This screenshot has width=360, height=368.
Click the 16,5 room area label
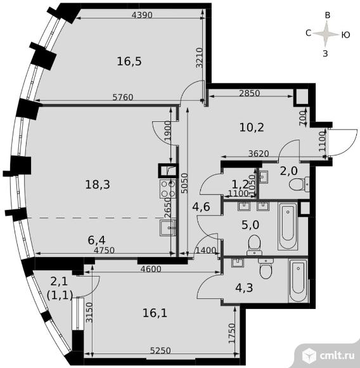[129, 62]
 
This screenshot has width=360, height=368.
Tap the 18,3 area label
[98, 185]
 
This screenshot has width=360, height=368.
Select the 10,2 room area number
[252, 128]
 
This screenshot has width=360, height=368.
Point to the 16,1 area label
[155, 313]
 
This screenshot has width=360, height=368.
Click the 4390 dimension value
[142, 15]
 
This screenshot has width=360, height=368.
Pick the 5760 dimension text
[123, 97]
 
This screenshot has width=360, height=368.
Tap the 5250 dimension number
[160, 351]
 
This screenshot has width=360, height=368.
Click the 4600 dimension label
[151, 269]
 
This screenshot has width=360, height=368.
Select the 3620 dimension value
[259, 154]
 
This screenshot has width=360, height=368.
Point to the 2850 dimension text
[250, 93]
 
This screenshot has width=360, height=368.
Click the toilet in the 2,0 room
[299, 184]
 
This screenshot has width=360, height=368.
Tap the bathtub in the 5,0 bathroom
[288, 227]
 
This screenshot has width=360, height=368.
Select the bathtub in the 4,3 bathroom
[298, 281]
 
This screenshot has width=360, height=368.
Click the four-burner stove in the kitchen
[168, 188]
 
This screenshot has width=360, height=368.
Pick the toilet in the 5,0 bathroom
[254, 246]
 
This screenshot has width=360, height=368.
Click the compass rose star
[326, 34]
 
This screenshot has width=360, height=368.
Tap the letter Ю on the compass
[345, 35]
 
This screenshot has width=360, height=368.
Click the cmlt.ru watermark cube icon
[309, 355]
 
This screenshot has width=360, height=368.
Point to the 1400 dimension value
[205, 251]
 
